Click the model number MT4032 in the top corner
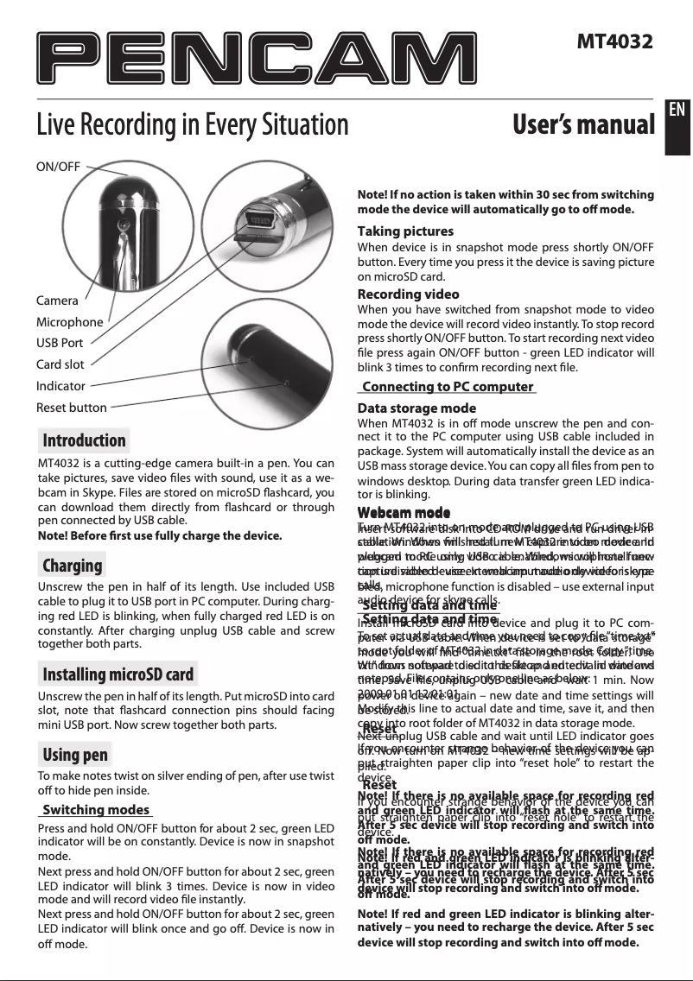(614, 41)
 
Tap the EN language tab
(678, 109)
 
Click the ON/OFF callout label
(59, 166)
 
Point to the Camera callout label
(57, 301)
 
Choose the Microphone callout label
(69, 322)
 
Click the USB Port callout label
(60, 343)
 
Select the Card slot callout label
(60, 364)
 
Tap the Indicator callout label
(60, 386)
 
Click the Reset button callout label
(72, 408)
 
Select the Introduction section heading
(85, 440)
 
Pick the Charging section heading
(73, 566)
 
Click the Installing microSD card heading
(118, 674)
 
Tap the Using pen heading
(76, 755)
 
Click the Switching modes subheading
(97, 810)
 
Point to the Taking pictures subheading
(405, 231)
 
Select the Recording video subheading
(409, 294)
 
